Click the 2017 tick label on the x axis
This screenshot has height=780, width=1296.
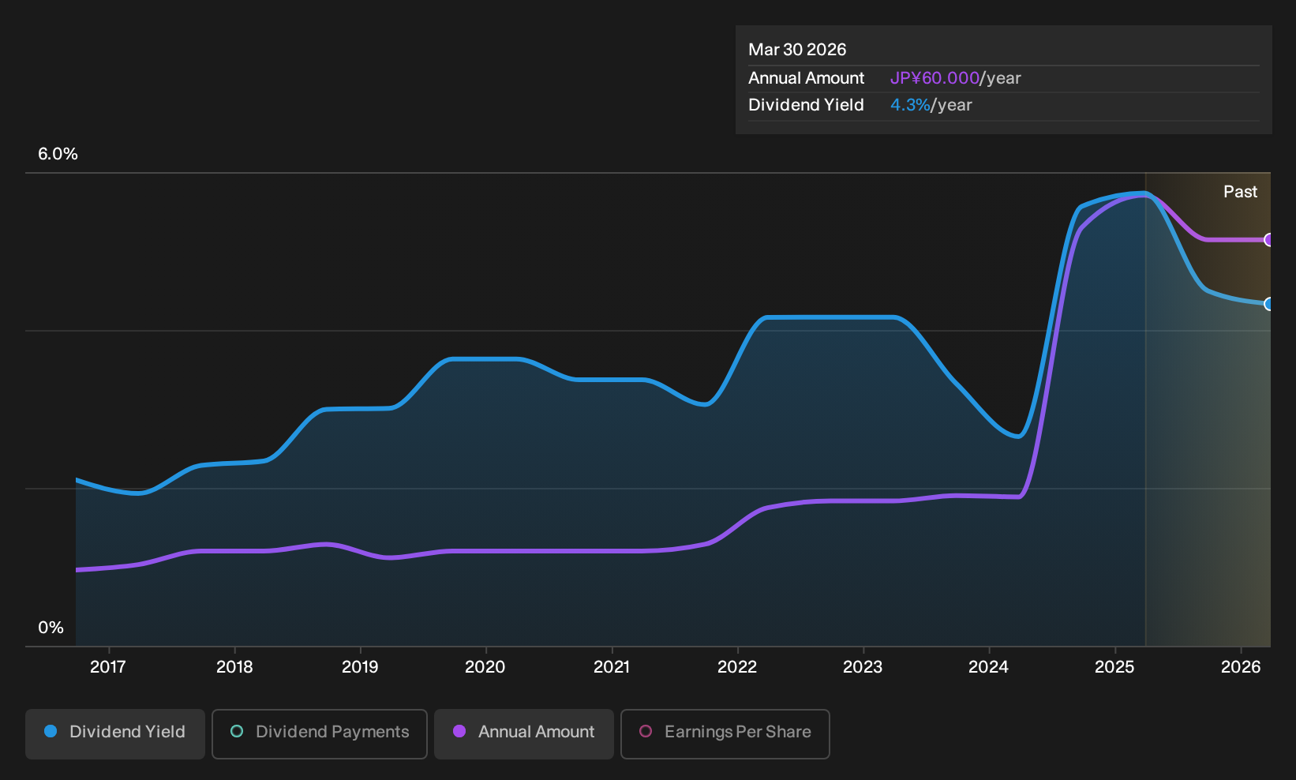(x=108, y=667)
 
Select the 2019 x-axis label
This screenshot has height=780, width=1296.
(x=360, y=667)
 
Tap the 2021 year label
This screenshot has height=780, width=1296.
(x=612, y=667)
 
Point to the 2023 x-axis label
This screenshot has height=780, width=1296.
(x=863, y=667)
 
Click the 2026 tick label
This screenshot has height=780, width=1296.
(x=1241, y=667)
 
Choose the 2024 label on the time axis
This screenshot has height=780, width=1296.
(x=989, y=667)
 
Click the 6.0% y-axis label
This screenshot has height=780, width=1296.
(x=58, y=154)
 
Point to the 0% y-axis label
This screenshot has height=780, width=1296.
(x=51, y=628)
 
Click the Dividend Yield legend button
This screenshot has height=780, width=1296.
(x=115, y=733)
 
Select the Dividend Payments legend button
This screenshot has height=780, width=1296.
(x=320, y=733)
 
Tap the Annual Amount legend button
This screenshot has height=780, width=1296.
(x=523, y=733)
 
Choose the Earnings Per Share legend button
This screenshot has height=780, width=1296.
(x=725, y=733)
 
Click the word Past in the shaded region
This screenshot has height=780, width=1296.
(x=1240, y=192)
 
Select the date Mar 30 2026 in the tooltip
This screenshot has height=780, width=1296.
(x=797, y=50)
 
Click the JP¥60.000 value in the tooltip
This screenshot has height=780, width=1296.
(x=935, y=78)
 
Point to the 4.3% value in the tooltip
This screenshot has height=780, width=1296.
(x=910, y=105)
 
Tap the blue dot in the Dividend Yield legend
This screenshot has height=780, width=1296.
(x=51, y=731)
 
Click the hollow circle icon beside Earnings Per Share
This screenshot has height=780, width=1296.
(x=646, y=731)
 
